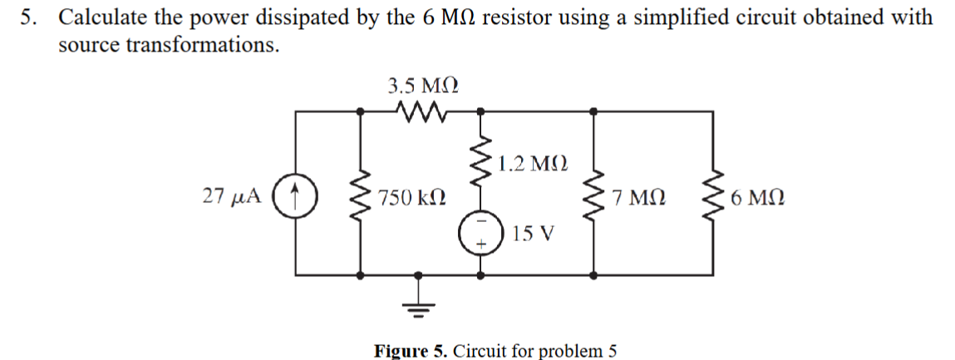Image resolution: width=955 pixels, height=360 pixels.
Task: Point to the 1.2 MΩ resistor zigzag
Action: pyautogui.click(x=480, y=161)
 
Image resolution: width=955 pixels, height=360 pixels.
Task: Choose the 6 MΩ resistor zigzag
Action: pyautogui.click(x=712, y=198)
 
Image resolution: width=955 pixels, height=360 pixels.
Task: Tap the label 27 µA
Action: pyautogui.click(x=230, y=197)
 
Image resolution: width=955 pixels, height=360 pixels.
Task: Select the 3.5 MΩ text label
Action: pyautogui.click(x=424, y=84)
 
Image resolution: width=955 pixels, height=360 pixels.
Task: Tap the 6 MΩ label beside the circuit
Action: pyautogui.click(x=756, y=199)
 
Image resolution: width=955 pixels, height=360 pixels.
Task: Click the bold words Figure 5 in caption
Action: pyautogui.click(x=411, y=349)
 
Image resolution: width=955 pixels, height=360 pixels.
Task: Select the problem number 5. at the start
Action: pyautogui.click(x=30, y=17)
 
